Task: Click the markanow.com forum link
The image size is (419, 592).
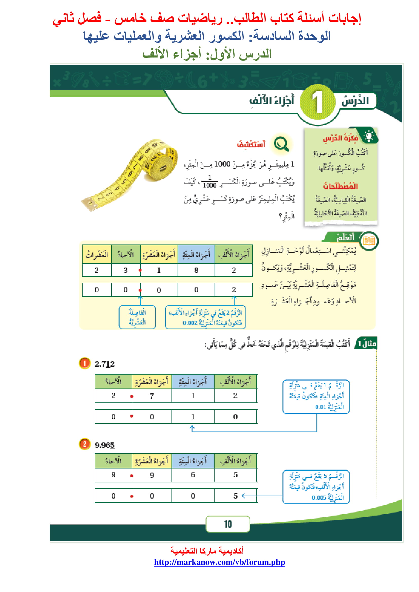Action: [219, 562]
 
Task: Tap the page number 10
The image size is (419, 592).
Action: [228, 524]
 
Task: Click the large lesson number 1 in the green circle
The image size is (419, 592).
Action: [318, 102]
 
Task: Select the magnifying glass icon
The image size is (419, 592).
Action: [281, 144]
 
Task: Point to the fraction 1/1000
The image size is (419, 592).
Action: [210, 181]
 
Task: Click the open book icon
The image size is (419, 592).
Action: [369, 241]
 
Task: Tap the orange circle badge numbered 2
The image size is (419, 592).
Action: [85, 444]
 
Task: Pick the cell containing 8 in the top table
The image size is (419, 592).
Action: [196, 270]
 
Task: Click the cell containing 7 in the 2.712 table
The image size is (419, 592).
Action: [152, 396]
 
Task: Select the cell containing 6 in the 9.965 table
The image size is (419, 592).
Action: [193, 475]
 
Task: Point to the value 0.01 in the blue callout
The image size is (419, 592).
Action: [321, 407]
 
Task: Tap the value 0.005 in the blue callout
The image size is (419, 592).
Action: [319, 497]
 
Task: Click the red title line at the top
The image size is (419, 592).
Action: [206, 18]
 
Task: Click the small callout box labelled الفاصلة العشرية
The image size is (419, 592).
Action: [137, 317]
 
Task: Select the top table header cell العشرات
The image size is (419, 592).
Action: [97, 254]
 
